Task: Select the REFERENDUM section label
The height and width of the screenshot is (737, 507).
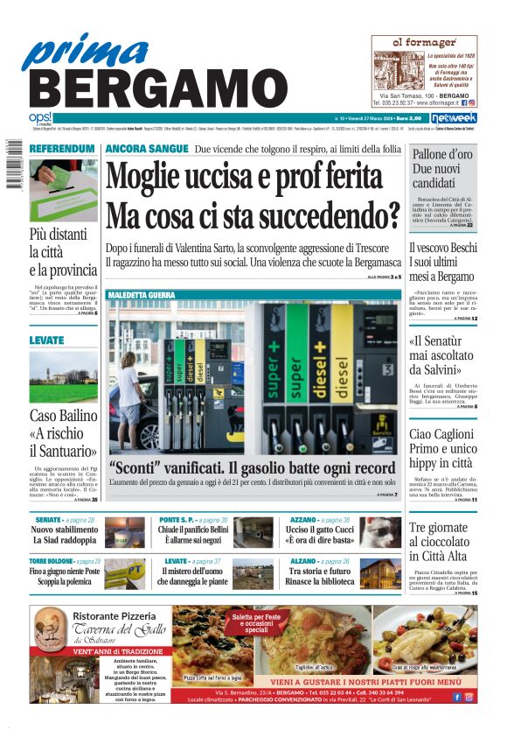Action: [x=61, y=150]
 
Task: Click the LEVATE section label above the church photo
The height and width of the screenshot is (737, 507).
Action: [x=46, y=340]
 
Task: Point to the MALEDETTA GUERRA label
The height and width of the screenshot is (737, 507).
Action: [x=142, y=296]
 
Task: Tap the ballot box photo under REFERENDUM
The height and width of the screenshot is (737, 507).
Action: [x=62, y=190]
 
